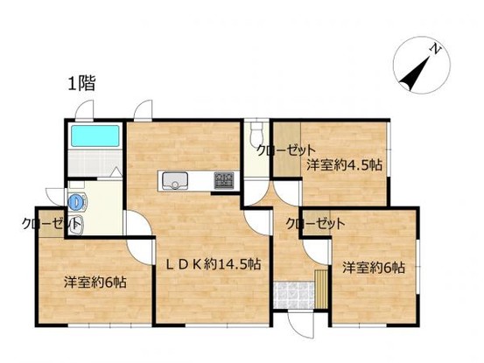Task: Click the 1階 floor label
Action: pos(81,85)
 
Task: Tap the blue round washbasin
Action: pos(79,201)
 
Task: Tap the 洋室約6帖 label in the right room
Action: pos(373,267)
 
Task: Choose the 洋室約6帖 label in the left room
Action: pos(95,283)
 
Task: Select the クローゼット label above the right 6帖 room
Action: pos(315,224)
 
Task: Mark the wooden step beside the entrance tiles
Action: pos(321,288)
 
